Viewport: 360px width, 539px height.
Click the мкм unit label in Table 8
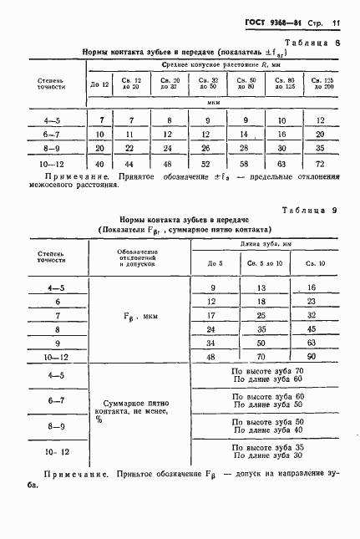click(x=214, y=104)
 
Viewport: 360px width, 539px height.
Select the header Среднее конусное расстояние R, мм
click(x=212, y=63)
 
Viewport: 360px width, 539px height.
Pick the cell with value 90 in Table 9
click(x=312, y=355)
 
